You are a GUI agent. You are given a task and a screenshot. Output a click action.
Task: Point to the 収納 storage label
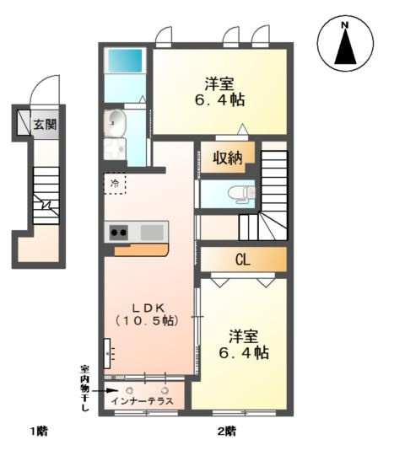click(x=228, y=158)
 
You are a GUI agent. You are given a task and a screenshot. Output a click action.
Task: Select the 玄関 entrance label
click(x=44, y=126)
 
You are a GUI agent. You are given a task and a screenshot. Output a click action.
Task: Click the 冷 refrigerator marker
click(x=114, y=181)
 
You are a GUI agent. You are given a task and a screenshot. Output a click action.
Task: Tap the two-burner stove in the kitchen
click(x=117, y=232)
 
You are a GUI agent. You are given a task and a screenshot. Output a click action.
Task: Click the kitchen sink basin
click(x=153, y=232)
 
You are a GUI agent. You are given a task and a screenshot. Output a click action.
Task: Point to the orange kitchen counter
click(x=141, y=249)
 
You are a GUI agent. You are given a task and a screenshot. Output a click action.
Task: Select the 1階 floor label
click(x=39, y=432)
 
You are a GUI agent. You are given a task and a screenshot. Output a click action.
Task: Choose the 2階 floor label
click(x=226, y=432)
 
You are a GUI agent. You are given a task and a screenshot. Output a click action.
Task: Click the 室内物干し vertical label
click(x=84, y=387)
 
